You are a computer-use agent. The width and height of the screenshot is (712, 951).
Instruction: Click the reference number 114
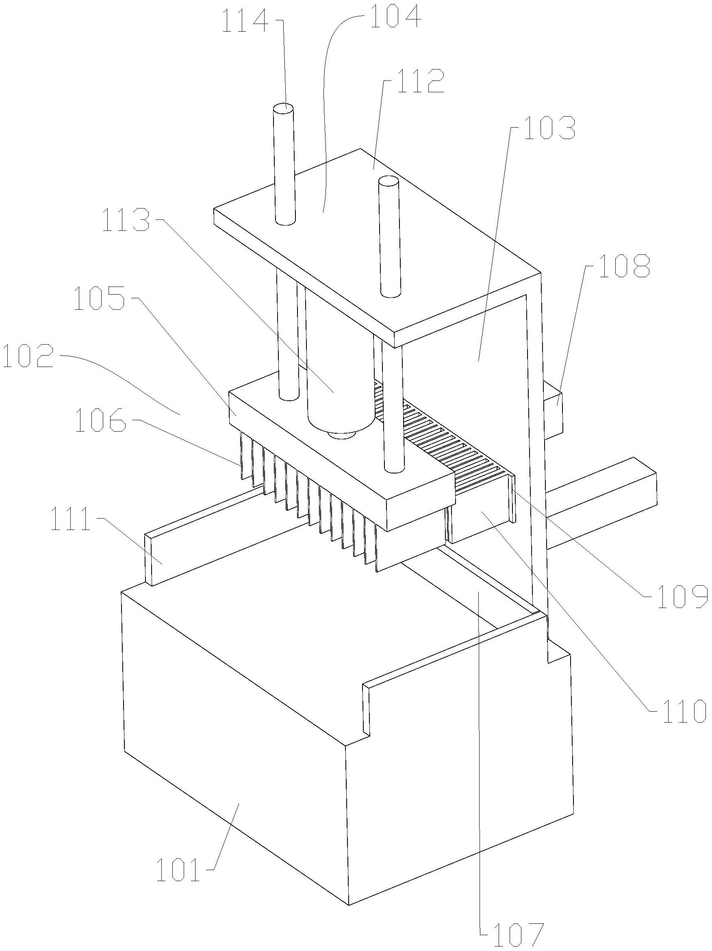click(245, 22)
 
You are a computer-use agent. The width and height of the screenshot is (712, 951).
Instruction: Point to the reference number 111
click(71, 520)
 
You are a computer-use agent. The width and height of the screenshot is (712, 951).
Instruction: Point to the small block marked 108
click(552, 410)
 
